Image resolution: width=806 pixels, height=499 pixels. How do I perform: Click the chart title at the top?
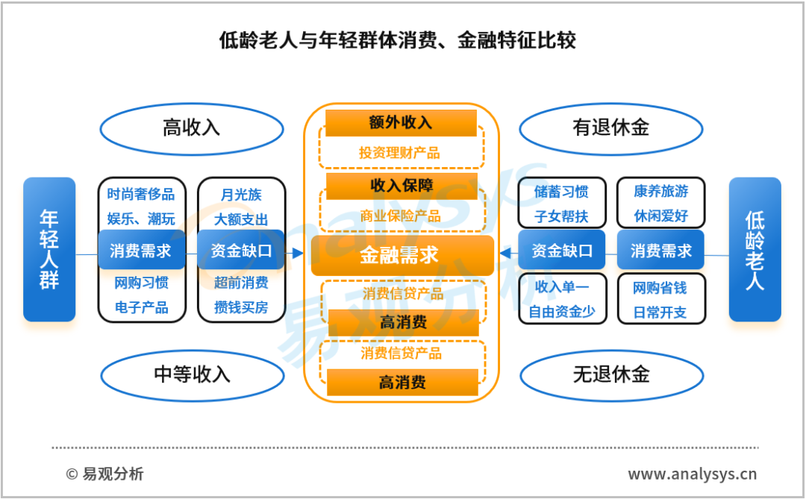(x=397, y=40)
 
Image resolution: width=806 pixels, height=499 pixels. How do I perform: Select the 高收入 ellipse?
(x=191, y=129)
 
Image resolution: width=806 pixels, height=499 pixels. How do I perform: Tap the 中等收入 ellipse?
(x=193, y=375)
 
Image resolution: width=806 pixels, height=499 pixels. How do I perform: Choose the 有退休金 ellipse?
(x=611, y=128)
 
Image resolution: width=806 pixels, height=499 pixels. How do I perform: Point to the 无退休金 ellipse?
(x=612, y=375)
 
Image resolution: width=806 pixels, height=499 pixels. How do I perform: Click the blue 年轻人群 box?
(x=49, y=249)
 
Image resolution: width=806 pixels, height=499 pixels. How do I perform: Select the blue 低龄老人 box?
(x=755, y=249)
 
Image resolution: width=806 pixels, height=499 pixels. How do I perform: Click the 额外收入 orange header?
(x=401, y=123)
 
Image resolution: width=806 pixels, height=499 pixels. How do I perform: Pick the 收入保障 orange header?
(x=402, y=186)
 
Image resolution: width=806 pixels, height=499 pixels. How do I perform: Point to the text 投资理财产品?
(x=399, y=153)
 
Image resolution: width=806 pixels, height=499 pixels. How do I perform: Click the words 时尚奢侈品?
(x=141, y=194)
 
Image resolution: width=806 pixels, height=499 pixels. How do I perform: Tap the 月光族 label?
(x=241, y=195)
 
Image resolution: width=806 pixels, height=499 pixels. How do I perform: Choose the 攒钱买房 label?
(x=241, y=307)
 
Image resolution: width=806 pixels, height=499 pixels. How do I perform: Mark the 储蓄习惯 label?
(x=561, y=192)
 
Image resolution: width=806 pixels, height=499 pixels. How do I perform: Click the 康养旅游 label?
(x=661, y=191)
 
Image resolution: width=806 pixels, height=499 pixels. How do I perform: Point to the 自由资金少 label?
(x=562, y=312)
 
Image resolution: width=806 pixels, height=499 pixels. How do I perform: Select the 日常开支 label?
(x=660, y=312)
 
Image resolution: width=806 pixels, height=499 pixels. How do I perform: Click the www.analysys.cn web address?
(x=692, y=474)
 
